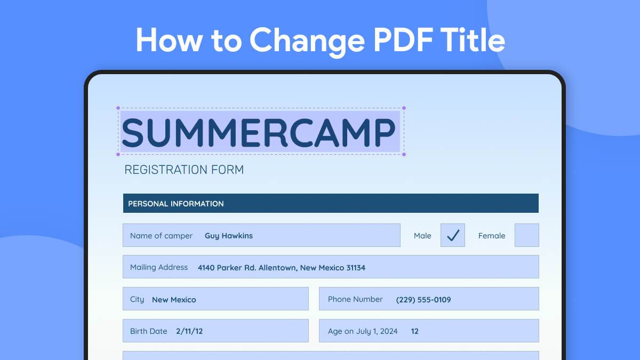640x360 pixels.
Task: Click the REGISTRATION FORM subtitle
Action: (x=184, y=170)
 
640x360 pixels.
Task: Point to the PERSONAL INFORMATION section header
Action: (x=176, y=204)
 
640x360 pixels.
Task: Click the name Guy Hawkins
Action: (x=229, y=236)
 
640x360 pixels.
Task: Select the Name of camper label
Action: (x=161, y=236)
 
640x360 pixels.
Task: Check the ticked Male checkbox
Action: (x=453, y=235)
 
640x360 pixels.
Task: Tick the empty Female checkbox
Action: (x=526, y=235)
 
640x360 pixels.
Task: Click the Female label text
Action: (x=491, y=236)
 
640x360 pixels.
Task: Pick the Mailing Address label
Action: (x=159, y=267)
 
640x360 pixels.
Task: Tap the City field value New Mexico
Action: (x=174, y=300)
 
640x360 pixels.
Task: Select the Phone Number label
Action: (x=355, y=299)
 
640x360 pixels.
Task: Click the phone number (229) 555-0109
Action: (x=423, y=300)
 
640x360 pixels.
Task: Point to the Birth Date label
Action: (x=149, y=331)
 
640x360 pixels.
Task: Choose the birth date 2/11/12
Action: (x=189, y=331)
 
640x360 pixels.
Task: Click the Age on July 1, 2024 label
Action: (x=363, y=331)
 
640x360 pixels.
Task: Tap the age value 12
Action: (x=415, y=331)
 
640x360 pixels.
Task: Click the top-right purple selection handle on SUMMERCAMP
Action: (x=404, y=108)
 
